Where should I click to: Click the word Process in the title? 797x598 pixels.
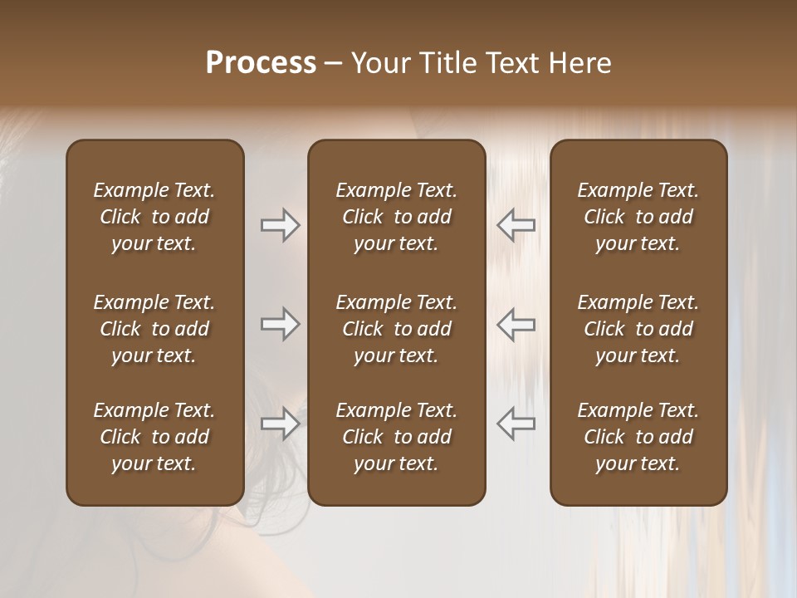pyautogui.click(x=261, y=63)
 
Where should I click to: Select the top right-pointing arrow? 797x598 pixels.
pyautogui.click(x=280, y=224)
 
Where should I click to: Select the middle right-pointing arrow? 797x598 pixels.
pyautogui.click(x=280, y=324)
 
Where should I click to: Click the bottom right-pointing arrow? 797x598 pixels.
pyautogui.click(x=280, y=424)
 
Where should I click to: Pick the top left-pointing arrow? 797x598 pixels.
pyautogui.click(x=516, y=224)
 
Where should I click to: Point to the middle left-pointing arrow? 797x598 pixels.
pyautogui.click(x=516, y=324)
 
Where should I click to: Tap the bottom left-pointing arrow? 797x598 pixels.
pyautogui.click(x=516, y=424)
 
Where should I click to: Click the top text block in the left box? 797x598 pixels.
pyautogui.click(x=154, y=217)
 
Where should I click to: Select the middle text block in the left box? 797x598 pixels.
pyautogui.click(x=154, y=329)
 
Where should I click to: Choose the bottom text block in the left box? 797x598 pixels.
pyautogui.click(x=154, y=437)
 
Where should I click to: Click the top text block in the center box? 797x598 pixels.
pyautogui.click(x=396, y=217)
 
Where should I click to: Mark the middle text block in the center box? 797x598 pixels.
pyautogui.click(x=396, y=329)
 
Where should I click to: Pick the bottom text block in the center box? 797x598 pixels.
pyautogui.click(x=396, y=437)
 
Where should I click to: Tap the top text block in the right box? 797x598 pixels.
pyautogui.click(x=638, y=217)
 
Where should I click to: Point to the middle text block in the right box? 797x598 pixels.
pyautogui.click(x=638, y=329)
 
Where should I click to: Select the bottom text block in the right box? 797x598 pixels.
pyautogui.click(x=638, y=437)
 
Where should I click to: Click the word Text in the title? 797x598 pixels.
pyautogui.click(x=509, y=63)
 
